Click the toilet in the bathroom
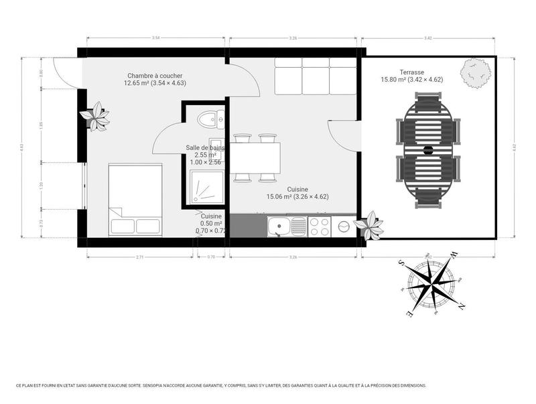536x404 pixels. [208, 119]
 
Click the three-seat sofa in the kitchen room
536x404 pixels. [315, 76]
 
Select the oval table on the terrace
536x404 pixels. [429, 149]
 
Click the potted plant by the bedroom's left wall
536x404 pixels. [94, 116]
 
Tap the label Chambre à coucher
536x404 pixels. [155, 76]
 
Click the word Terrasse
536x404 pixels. [412, 72]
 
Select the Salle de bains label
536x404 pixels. [206, 147]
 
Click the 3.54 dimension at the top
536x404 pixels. [155, 38]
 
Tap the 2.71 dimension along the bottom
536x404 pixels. [139, 257]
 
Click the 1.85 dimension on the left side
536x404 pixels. [41, 124]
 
